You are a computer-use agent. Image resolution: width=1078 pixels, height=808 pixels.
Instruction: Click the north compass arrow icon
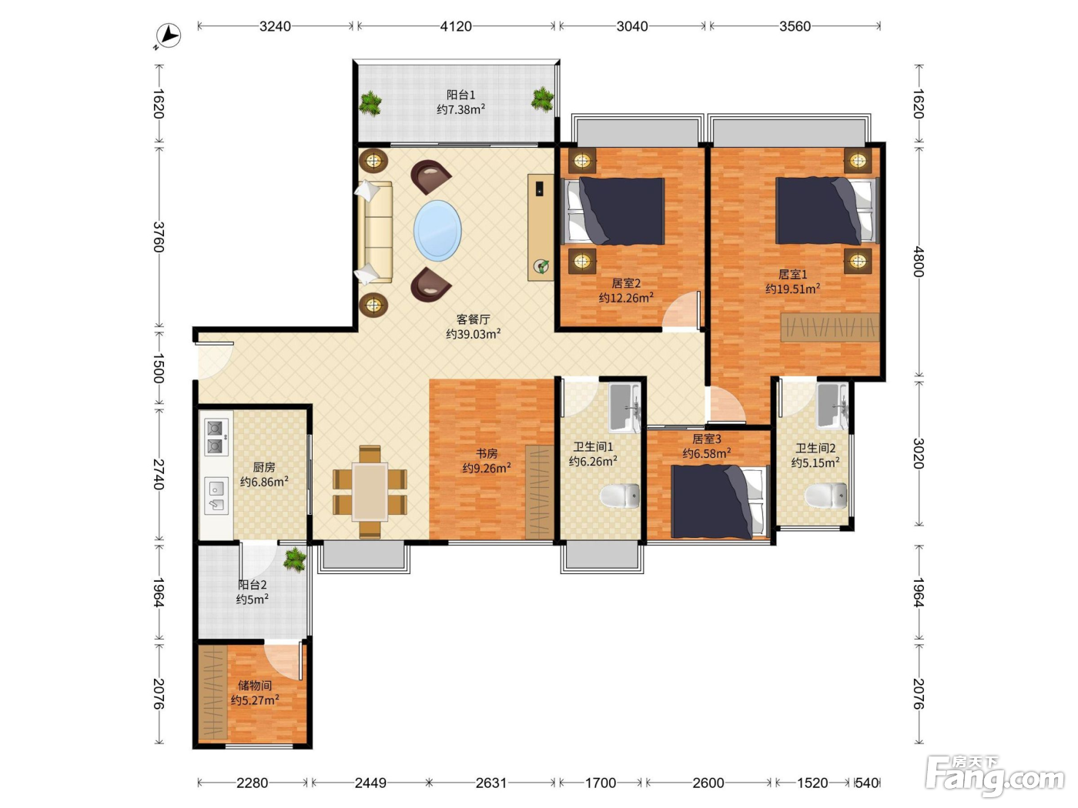pos(167,36)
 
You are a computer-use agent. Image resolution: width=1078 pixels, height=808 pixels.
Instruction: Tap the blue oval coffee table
pos(437,230)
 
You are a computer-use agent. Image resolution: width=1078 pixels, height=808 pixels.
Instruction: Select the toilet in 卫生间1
pos(620,496)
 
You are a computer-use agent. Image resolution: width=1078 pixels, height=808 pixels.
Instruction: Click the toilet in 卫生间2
pos(826,496)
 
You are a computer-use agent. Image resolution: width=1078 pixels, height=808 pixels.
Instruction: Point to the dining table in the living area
pos(370,492)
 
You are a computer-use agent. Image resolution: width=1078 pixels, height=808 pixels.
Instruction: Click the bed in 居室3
pos(719,502)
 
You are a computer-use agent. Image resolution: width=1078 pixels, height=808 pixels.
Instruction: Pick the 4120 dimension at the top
pos(455,26)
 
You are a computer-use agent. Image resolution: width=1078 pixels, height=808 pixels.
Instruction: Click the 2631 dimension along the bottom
pos(490,783)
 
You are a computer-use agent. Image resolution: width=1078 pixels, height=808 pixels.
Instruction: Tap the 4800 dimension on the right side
pos(919,262)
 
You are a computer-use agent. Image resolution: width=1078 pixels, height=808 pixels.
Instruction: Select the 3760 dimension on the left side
pos(158,237)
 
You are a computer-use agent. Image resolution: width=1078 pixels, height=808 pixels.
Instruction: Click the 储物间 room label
pos(254,686)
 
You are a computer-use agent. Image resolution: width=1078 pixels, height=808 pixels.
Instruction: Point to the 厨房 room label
pos(264,467)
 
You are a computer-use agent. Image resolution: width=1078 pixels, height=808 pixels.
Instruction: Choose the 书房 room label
pos(486,453)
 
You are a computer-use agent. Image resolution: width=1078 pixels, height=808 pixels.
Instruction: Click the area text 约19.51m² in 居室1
pos(792,289)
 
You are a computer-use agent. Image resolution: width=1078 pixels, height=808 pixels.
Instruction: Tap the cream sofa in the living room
pos(375,232)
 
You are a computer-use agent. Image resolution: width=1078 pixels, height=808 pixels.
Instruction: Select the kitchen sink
pos(216,496)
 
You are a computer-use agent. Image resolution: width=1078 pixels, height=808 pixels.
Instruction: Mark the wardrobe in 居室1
pos(829,327)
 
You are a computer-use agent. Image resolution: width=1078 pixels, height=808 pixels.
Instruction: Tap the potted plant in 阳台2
pos(295,559)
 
